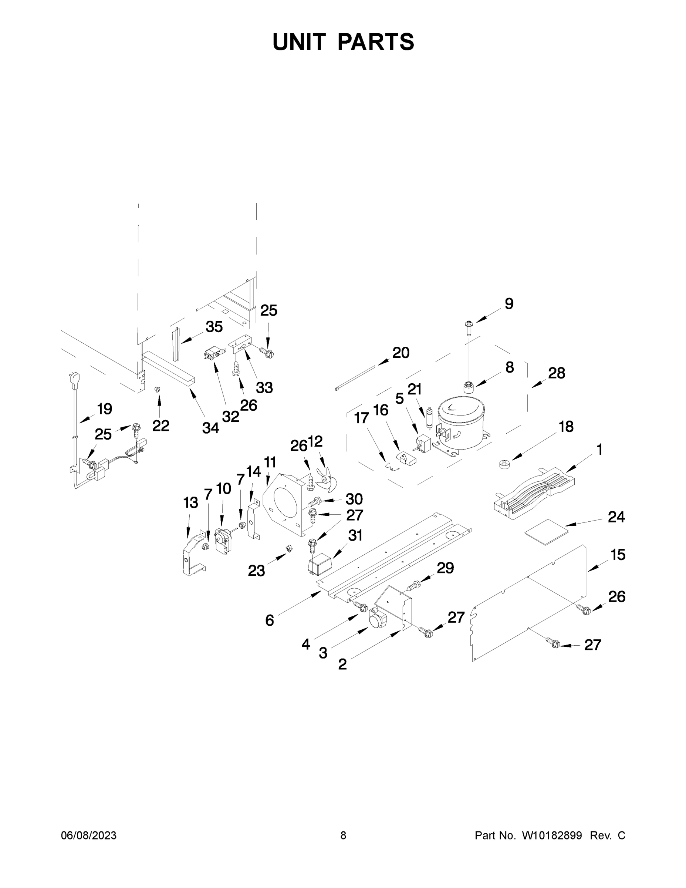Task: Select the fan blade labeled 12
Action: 326,480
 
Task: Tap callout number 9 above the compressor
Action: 509,304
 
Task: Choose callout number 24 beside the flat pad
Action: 616,517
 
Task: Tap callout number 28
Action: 556,373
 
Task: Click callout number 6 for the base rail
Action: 270,620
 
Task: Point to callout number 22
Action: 160,426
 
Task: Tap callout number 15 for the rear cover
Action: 618,555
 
